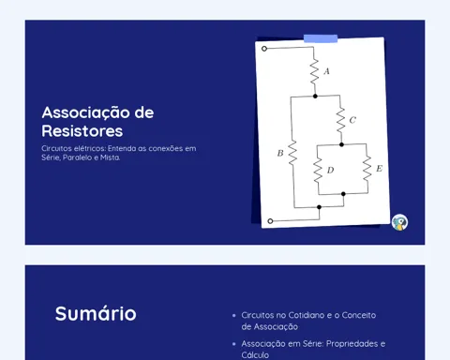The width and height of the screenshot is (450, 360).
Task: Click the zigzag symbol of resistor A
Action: pyautogui.click(x=314, y=71)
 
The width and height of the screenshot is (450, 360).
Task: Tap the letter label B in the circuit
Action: pyautogui.click(x=280, y=153)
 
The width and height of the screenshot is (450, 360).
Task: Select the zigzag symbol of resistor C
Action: pyautogui.click(x=340, y=120)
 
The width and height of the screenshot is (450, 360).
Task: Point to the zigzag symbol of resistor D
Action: pyautogui.click(x=318, y=170)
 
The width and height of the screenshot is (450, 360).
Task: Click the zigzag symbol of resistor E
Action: pyautogui.click(x=367, y=168)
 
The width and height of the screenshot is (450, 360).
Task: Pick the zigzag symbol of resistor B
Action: pyautogui.click(x=292, y=153)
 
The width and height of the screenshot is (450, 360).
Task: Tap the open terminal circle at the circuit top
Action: pyautogui.click(x=264, y=49)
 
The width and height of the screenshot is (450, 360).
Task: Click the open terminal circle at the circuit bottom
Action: pyautogui.click(x=271, y=221)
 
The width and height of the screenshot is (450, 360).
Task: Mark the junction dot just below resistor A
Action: pyautogui.click(x=315, y=97)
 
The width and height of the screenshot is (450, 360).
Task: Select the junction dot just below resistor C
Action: pyautogui.click(x=341, y=144)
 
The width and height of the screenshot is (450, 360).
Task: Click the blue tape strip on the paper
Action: pyautogui.click(x=321, y=38)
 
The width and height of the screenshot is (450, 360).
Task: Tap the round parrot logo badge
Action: pyautogui.click(x=399, y=222)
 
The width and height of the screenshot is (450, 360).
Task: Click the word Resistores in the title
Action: pyautogui.click(x=82, y=131)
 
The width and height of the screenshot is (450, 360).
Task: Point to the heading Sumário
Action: pyautogui.click(x=96, y=313)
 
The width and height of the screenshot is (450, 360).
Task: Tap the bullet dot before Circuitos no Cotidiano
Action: pyautogui.click(x=234, y=316)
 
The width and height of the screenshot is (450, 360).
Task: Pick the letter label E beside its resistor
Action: pyautogui.click(x=379, y=169)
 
